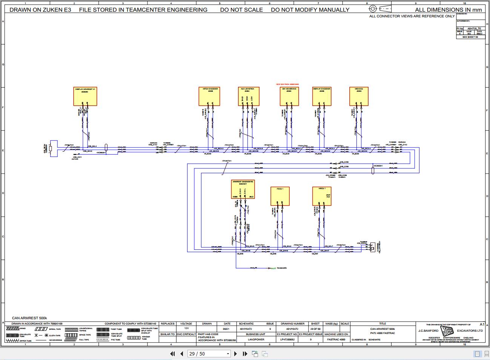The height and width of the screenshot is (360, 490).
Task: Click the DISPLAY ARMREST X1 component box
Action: pos(85,96)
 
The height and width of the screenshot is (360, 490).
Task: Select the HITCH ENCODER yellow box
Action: pos(209,96)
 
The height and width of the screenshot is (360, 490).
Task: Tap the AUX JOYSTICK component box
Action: pos(247,96)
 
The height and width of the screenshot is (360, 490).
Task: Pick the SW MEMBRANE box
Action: pos(289,96)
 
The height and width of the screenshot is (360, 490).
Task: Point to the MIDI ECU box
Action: pos(359,96)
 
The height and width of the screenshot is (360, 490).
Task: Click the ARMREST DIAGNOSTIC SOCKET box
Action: pos(243,189)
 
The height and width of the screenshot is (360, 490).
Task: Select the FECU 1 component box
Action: pos(280,196)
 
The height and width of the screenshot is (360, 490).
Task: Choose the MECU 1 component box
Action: pos(322,196)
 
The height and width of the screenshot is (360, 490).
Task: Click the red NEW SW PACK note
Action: pos(287,85)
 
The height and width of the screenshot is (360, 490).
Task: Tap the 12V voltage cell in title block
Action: pos(186,329)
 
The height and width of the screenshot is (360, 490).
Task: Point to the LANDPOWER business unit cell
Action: pos(256,339)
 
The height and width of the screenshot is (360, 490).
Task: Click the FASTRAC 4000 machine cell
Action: pos(336,339)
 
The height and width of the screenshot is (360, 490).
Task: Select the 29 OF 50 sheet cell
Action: pos(315,329)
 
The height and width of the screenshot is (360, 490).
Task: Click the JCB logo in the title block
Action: pos(447,331)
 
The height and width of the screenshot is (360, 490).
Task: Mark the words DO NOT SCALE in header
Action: pos(241,10)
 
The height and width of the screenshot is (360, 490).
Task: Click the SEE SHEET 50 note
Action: pos(470,37)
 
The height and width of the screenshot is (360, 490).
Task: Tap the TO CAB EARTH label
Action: pos(282,268)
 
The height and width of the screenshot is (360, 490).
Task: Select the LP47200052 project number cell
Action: pos(287,339)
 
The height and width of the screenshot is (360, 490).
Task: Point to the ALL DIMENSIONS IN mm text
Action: pos(448,10)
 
